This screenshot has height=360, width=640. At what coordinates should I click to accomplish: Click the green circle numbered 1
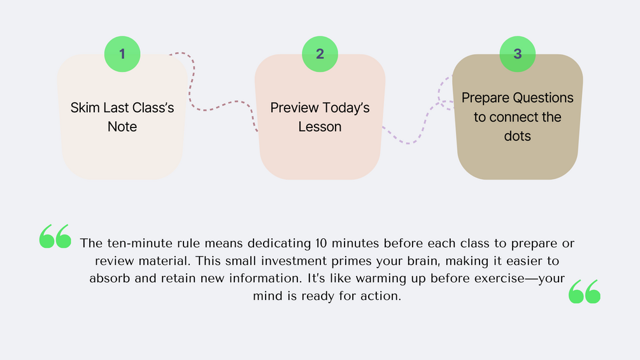[122, 54]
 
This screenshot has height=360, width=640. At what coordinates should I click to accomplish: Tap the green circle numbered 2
[320, 54]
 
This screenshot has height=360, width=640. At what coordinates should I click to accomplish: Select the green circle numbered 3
[518, 54]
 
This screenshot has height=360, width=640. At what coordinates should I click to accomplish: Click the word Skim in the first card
[85, 108]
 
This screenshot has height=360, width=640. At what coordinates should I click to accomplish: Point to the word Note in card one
[122, 127]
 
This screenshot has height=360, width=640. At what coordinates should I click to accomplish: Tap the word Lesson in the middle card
[320, 127]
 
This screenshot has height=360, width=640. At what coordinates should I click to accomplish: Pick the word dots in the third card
[517, 136]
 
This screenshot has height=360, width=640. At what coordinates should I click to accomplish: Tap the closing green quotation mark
[585, 291]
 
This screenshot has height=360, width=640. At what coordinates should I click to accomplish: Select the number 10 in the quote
[321, 243]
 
